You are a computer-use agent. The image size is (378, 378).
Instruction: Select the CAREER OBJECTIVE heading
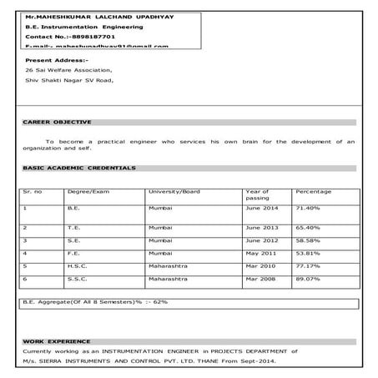57,122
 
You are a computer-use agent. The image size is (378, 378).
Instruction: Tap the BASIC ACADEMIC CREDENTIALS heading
78,168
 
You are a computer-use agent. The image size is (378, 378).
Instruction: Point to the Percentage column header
313,192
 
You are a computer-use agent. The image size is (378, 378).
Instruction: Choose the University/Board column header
174,192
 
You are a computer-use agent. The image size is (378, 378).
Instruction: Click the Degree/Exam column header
88,192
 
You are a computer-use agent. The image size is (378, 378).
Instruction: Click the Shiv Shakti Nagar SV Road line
68,81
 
